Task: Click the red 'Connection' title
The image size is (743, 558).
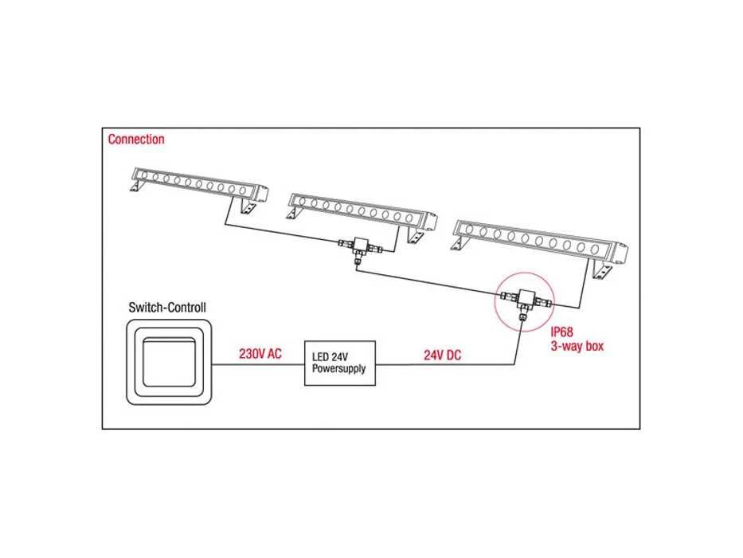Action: [136, 139]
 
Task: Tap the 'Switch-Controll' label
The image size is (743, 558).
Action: [167, 308]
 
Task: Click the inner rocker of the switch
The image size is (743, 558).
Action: [169, 362]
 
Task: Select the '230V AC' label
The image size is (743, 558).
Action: [260, 354]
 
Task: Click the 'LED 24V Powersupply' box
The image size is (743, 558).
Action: [340, 363]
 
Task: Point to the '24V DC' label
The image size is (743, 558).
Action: [442, 355]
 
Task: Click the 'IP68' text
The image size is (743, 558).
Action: [561, 332]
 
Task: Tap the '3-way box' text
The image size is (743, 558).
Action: [577, 346]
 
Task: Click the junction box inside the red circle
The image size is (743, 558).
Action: [525, 298]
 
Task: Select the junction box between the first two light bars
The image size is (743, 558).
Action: [361, 246]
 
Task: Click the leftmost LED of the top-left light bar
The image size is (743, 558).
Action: [144, 175]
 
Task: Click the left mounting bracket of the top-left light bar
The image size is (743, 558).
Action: [135, 186]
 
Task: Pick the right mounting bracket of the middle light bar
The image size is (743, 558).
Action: [415, 235]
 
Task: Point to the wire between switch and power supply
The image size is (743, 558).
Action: [258, 364]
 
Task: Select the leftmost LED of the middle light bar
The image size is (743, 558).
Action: [302, 202]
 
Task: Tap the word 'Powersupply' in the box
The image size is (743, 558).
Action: [338, 369]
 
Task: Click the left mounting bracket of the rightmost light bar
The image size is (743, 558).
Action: [458, 243]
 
